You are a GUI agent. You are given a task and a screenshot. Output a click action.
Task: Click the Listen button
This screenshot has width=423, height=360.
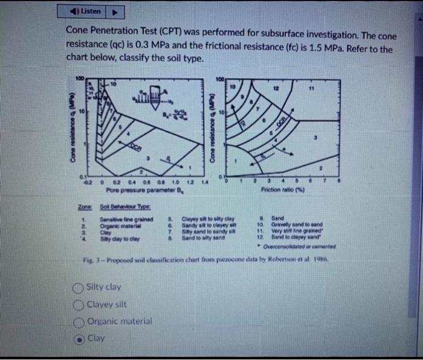pos(88,11)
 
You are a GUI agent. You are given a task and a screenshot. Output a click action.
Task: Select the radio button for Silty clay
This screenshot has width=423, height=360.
pos(79,288)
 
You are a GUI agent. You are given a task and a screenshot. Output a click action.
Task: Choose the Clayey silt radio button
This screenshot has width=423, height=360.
pos(79,304)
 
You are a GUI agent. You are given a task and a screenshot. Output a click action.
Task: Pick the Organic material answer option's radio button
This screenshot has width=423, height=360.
pos(79,322)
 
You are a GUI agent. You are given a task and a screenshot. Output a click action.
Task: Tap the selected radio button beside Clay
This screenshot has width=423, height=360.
pos(79,339)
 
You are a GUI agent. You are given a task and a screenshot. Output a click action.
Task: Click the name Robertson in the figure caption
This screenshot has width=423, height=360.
pos(302,258)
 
